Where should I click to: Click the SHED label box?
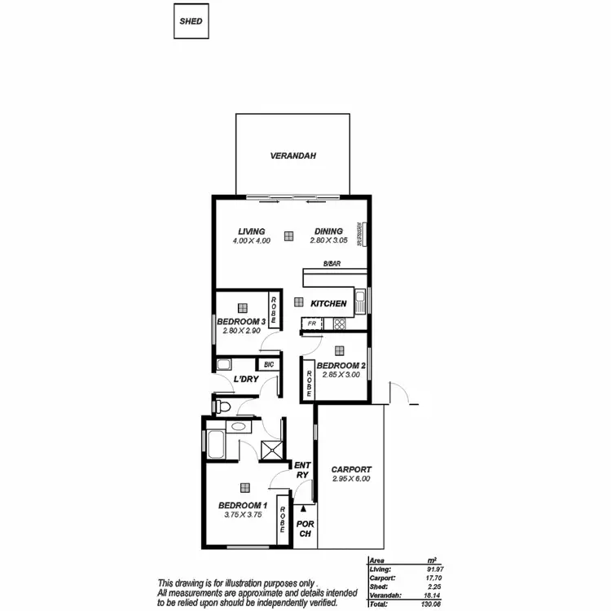pos(191,21)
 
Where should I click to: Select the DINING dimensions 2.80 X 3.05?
pos(328,241)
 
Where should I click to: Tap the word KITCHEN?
pos(328,303)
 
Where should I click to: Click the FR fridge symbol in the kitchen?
pos(312,323)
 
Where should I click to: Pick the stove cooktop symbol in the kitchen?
pos(339,323)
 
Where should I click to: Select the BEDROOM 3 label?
pos(240,322)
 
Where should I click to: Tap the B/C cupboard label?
pos(268,364)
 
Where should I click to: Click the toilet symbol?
pos(223,405)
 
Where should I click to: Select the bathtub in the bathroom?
pos(216,445)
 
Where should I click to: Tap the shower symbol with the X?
pos(269,447)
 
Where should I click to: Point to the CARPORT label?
pos(351,469)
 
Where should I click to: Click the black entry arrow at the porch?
pos(305,507)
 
